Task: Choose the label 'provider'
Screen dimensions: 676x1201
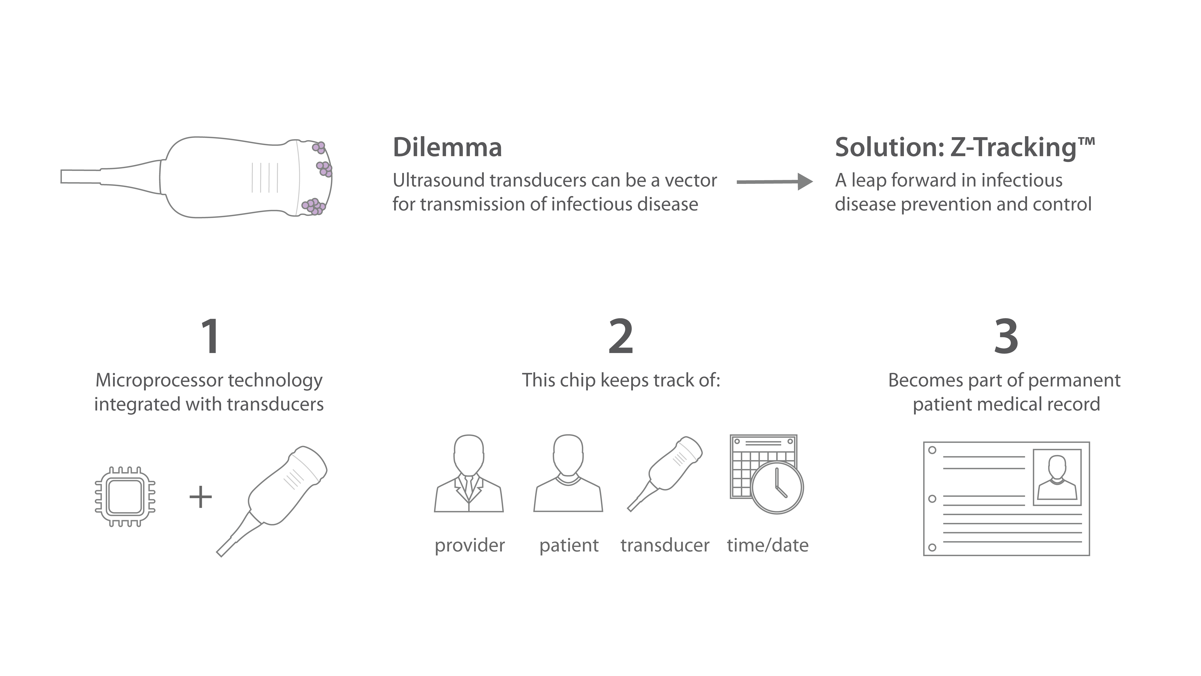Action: (469, 545)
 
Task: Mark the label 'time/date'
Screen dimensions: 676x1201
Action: (767, 545)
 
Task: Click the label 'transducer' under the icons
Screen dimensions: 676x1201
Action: (665, 545)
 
